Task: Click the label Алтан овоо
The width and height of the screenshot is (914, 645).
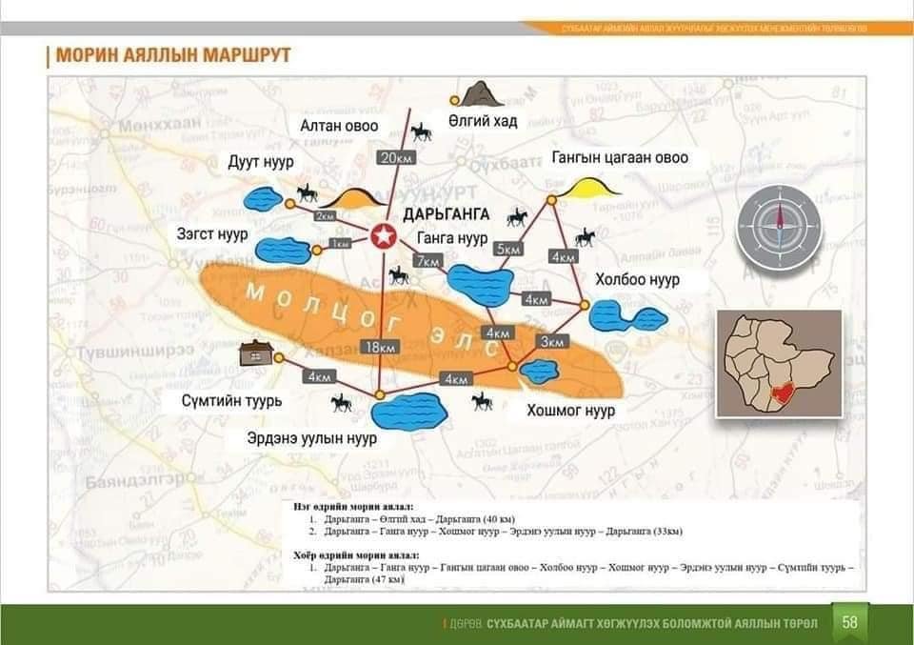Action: [x=339, y=125]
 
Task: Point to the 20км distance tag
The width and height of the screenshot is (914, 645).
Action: [x=395, y=157]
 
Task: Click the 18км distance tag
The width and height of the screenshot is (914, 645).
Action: [x=378, y=347]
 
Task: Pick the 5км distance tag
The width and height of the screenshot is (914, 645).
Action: [x=509, y=249]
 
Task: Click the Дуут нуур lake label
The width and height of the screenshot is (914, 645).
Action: [x=260, y=162]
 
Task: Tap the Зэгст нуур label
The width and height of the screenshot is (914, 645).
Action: [x=212, y=233]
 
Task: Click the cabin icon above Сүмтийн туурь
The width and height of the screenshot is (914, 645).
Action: [x=256, y=353]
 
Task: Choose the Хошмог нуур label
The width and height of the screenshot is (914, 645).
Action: [x=571, y=411]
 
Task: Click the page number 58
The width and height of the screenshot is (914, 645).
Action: [x=850, y=622]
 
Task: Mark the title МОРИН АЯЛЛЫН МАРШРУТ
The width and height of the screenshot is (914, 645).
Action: [x=173, y=54]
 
